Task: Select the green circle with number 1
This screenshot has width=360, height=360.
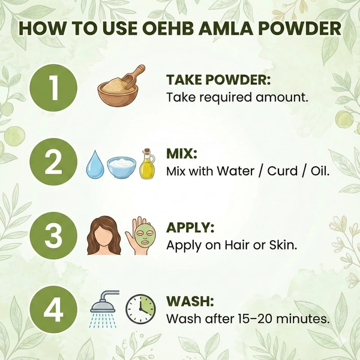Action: coord(53,88)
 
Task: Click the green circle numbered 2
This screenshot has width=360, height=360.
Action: coord(53,162)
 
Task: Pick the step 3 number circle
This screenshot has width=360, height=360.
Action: coord(53,236)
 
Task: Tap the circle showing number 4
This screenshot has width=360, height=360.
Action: coord(53,310)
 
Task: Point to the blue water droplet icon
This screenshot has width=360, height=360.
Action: coord(95,164)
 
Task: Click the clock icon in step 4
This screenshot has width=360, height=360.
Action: coord(140,309)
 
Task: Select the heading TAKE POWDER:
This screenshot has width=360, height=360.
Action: coord(218,80)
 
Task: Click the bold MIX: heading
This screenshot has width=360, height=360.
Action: coord(182,154)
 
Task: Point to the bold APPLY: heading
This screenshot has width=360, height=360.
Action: coord(190,227)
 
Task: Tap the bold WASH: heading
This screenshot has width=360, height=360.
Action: coord(190,301)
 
